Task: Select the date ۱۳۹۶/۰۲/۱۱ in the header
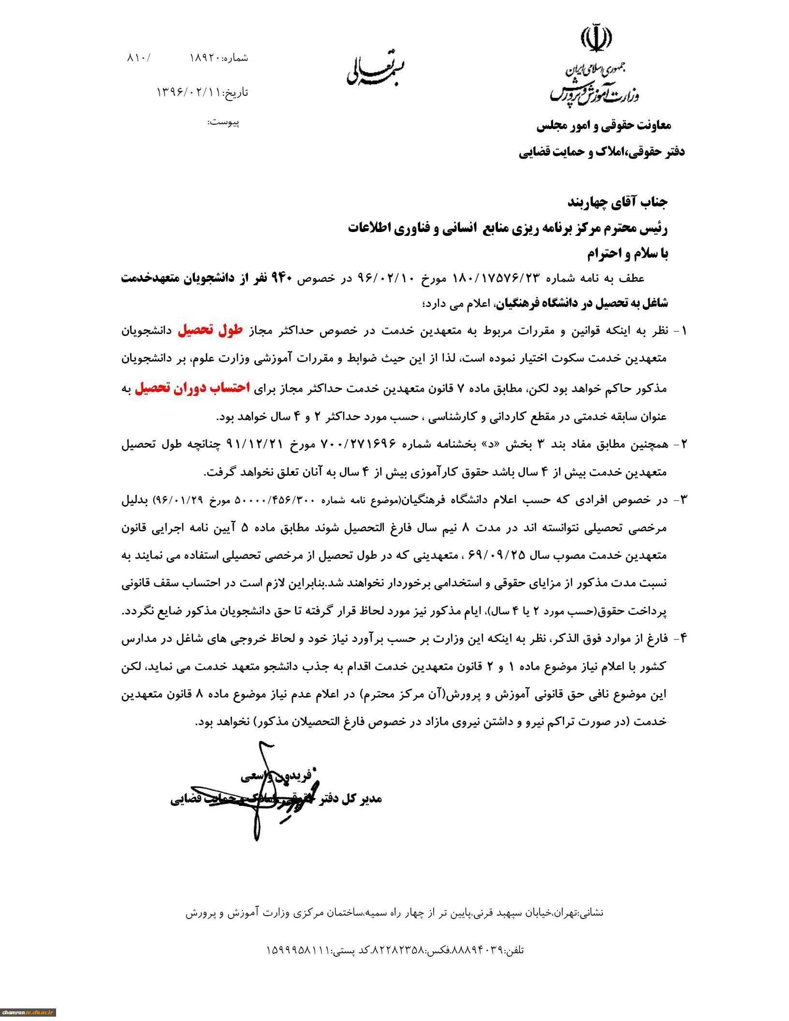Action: [189, 91]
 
